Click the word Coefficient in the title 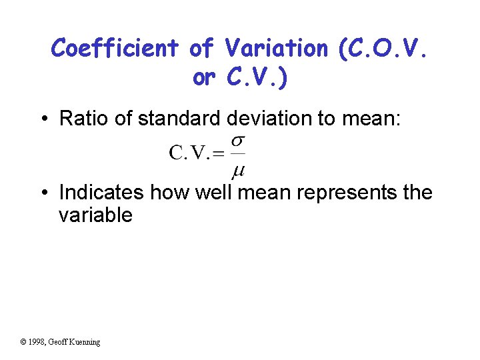coord(115,48)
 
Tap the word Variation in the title coord(276,48)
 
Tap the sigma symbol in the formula coord(238,143)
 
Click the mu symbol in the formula coord(238,171)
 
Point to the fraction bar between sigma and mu coord(238,157)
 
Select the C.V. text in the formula coord(190,153)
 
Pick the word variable coord(95,215)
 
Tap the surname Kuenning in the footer coord(83,342)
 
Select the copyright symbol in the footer coord(23,342)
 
